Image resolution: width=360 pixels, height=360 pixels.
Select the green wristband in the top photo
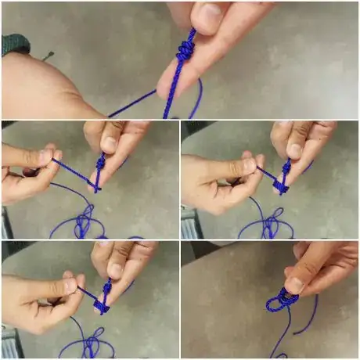[15, 45]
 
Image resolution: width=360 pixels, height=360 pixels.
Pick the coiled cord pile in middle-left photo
[83, 222]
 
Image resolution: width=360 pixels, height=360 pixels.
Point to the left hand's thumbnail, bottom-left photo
[70, 286]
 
